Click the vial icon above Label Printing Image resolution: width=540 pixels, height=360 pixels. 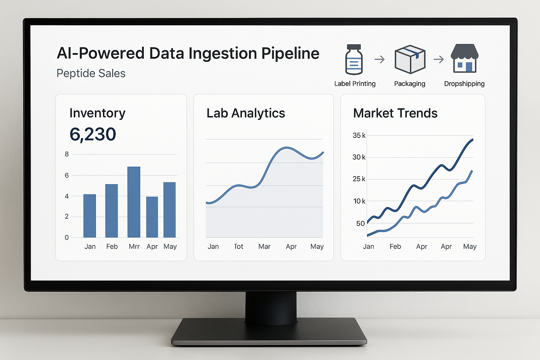pyautogui.click(x=354, y=59)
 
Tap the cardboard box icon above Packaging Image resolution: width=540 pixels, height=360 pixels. pyautogui.click(x=410, y=59)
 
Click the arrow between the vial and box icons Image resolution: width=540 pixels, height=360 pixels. pyautogui.click(x=380, y=59)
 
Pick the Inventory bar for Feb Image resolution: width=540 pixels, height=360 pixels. pyautogui.click(x=111, y=211)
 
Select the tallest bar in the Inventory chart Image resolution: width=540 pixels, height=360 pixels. pyautogui.click(x=134, y=202)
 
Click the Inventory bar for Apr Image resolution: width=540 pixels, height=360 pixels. pyautogui.click(x=152, y=217)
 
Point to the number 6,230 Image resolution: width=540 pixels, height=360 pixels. pyautogui.click(x=93, y=134)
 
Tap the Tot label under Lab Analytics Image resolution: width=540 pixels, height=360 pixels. pyautogui.click(x=239, y=246)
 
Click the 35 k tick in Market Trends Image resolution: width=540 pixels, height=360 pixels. pyautogui.click(x=359, y=135)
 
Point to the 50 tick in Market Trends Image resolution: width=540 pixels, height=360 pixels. pyautogui.click(x=360, y=224)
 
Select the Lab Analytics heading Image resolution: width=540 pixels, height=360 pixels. pyautogui.click(x=246, y=113)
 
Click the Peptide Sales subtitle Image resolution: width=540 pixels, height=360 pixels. pyautogui.click(x=91, y=73)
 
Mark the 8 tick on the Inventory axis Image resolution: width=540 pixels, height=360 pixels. pyautogui.click(x=67, y=154)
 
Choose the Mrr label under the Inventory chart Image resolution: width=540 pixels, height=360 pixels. pyautogui.click(x=134, y=246)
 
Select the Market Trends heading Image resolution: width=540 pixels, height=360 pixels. pyautogui.click(x=395, y=113)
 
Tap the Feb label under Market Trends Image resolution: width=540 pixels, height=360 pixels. pyautogui.click(x=395, y=246)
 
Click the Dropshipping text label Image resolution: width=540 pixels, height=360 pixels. pyautogui.click(x=464, y=84)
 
